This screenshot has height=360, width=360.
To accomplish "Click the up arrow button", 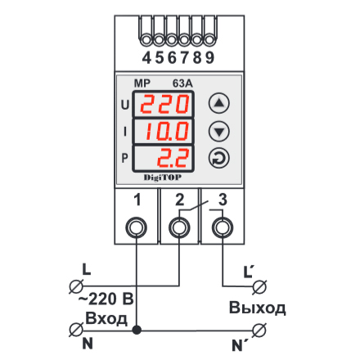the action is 219,103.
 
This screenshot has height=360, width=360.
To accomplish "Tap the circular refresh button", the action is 219,159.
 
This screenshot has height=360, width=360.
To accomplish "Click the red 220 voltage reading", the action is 164,104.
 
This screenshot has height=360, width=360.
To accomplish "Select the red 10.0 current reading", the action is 167,131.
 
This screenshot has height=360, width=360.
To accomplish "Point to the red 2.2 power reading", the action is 173,158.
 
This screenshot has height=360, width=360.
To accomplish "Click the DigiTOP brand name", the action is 163,178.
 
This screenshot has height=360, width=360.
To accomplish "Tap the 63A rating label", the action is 182,83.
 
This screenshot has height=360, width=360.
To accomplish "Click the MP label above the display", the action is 142,83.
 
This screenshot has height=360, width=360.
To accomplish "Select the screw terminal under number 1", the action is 137,227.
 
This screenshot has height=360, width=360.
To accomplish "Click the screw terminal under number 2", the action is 179,227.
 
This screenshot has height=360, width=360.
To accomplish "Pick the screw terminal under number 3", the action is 223,227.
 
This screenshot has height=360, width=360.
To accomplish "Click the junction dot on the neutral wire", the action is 137,330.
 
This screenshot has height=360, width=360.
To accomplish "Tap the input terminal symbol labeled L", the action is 76,286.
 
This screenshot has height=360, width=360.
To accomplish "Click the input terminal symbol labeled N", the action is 76,330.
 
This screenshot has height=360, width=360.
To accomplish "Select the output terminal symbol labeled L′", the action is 259,286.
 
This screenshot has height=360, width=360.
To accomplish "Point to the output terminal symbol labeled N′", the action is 259,331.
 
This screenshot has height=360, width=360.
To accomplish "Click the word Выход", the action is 258,308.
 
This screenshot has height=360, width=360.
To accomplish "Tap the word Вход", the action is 106,318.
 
